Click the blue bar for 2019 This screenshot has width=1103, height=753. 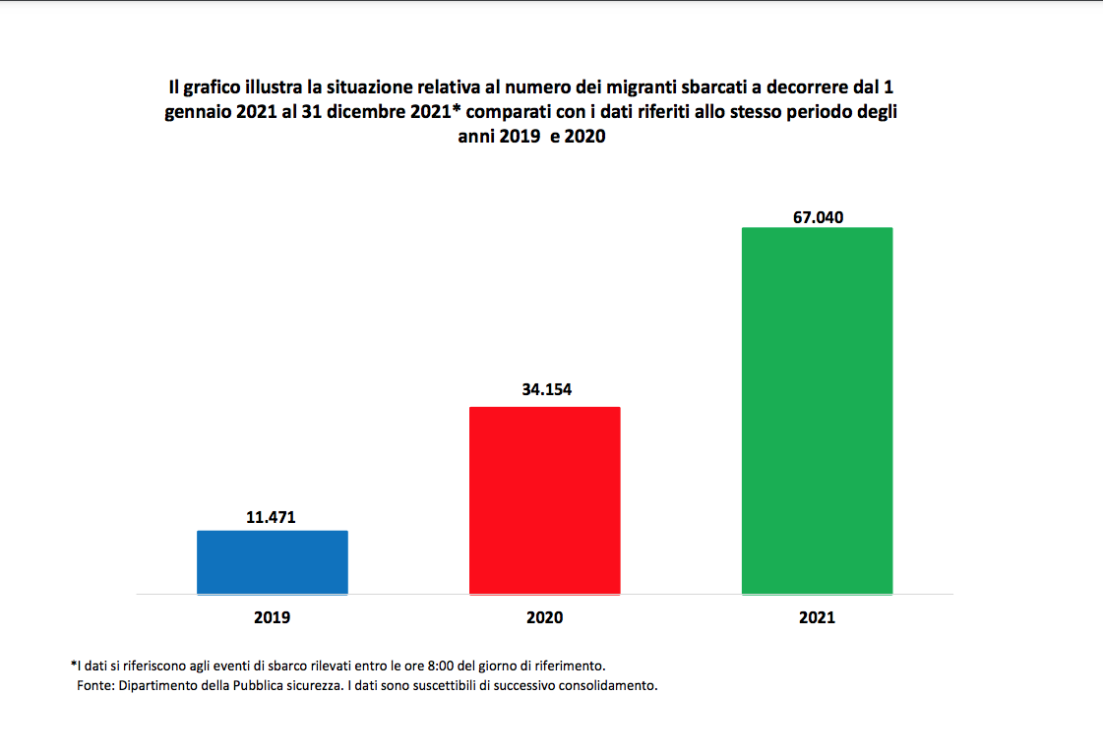[x=273, y=562]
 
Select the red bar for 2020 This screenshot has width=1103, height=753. [x=544, y=500]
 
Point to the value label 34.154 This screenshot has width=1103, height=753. [x=546, y=389]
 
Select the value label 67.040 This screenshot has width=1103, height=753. [x=819, y=217]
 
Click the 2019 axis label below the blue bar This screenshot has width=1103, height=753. [x=273, y=618]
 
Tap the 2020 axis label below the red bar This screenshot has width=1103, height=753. [x=544, y=618]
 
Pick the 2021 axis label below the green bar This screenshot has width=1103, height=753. [x=817, y=618]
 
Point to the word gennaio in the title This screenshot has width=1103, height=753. [x=196, y=113]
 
